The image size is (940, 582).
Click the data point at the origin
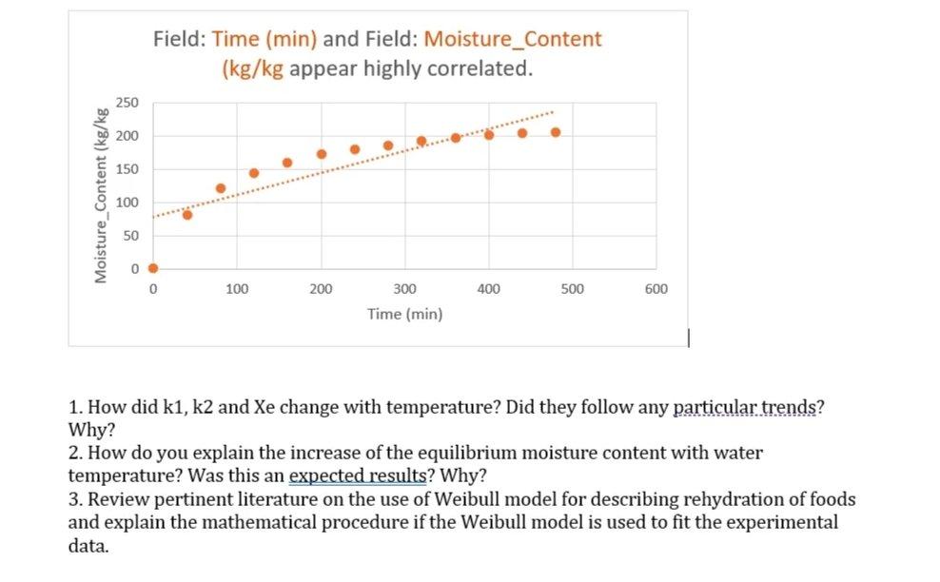point(153,268)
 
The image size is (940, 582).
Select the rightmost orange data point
point(556,132)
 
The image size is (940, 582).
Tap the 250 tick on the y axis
point(127,103)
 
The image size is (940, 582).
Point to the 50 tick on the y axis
point(131,235)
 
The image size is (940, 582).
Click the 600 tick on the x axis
point(656,289)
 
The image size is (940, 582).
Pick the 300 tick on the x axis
point(404,289)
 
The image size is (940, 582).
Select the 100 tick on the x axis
point(237,289)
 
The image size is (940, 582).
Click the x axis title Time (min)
point(404,314)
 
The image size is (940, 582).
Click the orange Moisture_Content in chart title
point(513,40)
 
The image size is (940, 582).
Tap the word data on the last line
point(88,546)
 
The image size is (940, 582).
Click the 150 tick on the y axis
point(127,169)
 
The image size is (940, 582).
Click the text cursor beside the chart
point(688,337)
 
